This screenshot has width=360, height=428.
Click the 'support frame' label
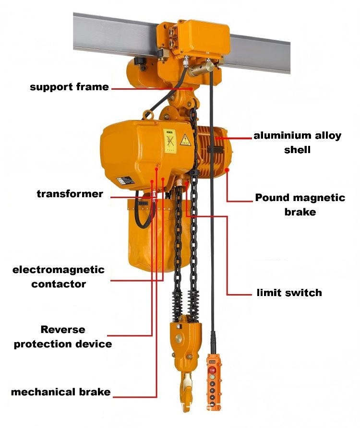[69, 87]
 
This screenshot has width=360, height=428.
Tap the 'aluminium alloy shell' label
[298, 143]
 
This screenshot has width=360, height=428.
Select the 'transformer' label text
[70, 194]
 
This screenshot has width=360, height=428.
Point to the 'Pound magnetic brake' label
[300, 204]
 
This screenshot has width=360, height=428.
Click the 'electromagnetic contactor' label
[58, 276]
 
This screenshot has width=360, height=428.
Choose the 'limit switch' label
[289, 293]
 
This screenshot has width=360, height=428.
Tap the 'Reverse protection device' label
[62, 337]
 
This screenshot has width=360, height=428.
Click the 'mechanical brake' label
[60, 392]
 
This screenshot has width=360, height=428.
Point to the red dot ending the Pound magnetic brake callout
[227, 169]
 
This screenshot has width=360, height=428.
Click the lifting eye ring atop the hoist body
[149, 115]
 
